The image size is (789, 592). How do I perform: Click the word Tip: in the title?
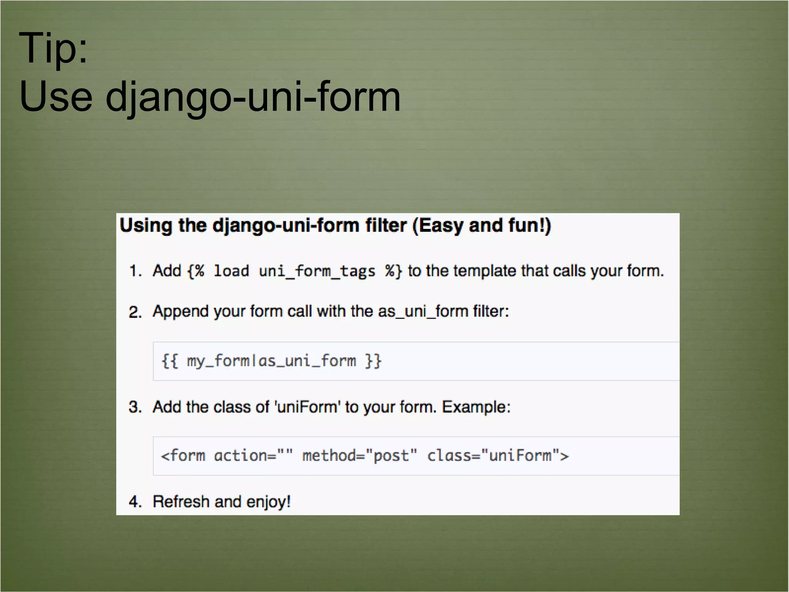coord(53,48)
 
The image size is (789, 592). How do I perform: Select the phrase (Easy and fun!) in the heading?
coord(482,226)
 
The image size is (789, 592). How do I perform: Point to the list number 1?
coord(135,271)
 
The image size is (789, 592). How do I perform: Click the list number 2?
coord(135,312)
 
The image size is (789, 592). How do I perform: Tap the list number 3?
coord(135,407)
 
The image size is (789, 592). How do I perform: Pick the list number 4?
coord(135,502)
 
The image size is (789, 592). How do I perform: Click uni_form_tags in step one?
coord(317,271)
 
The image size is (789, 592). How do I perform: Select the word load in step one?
coord(231,271)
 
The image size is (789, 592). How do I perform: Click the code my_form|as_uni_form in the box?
coord(271,361)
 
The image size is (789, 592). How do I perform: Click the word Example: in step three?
coord(476,407)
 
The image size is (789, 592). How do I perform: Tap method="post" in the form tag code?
coord(359,456)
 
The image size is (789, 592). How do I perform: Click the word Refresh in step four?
coord(181,502)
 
